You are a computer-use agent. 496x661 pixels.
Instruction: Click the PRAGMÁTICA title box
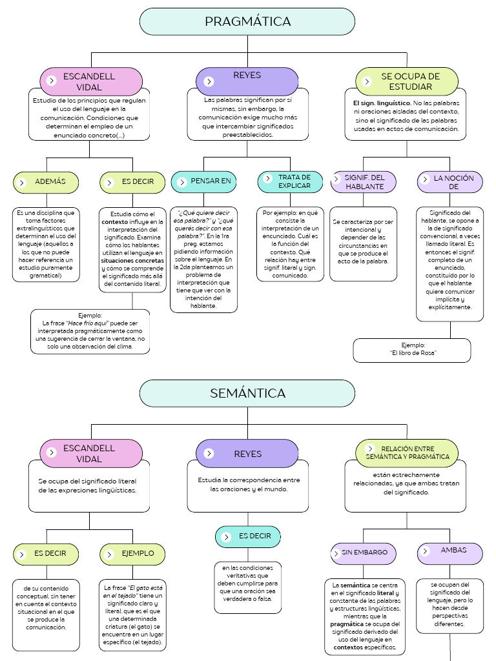[x=247, y=21]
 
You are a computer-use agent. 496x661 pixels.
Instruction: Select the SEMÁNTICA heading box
[x=247, y=393]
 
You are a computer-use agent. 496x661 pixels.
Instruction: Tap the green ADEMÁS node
[x=46, y=182]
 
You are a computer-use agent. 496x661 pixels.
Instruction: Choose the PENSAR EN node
[x=203, y=181]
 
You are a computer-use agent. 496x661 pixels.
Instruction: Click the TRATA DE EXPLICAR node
[x=290, y=181]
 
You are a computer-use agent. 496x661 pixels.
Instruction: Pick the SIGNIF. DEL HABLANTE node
[x=364, y=182]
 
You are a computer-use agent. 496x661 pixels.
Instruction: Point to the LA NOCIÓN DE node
[x=450, y=182]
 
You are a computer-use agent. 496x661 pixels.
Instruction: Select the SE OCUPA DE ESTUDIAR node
[x=407, y=81]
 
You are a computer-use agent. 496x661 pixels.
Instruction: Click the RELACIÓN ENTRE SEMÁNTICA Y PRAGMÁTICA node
[x=407, y=453]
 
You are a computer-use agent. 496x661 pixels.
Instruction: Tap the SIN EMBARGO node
[x=364, y=553]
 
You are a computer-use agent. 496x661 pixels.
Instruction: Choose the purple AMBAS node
[x=450, y=553]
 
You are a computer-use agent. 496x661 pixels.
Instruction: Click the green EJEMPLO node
[x=132, y=554]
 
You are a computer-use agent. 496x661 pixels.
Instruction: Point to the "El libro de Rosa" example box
[x=412, y=351]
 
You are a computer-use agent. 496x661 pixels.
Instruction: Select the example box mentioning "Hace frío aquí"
[x=90, y=332]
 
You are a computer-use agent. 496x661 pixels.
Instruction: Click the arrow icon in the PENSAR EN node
[x=181, y=182]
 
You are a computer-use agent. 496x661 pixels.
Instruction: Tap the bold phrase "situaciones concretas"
[x=132, y=261]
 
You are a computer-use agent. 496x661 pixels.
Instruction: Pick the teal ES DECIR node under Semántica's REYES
[x=247, y=536]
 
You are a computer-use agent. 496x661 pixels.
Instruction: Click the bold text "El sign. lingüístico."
[x=382, y=103]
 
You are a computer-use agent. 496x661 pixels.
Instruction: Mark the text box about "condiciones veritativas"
[x=247, y=587]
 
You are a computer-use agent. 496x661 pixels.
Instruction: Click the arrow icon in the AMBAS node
[x=425, y=551]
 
